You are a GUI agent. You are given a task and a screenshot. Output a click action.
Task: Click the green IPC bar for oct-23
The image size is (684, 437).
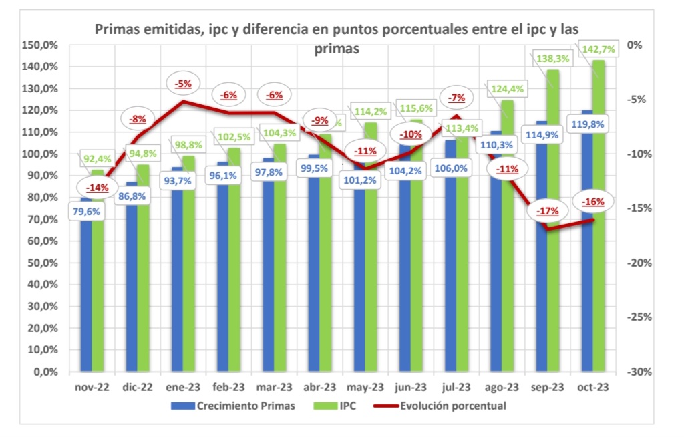[x=598, y=221]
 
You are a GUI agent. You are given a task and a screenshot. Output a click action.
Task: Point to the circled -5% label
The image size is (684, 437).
[x=183, y=84]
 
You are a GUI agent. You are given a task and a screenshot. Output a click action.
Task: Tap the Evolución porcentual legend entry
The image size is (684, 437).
[x=452, y=406]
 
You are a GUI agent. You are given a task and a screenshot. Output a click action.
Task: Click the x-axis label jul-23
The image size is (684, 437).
[x=456, y=387]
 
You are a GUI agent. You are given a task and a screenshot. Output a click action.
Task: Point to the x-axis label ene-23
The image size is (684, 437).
[x=183, y=387]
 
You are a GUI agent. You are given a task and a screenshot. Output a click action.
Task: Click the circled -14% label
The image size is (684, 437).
[x=98, y=188]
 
